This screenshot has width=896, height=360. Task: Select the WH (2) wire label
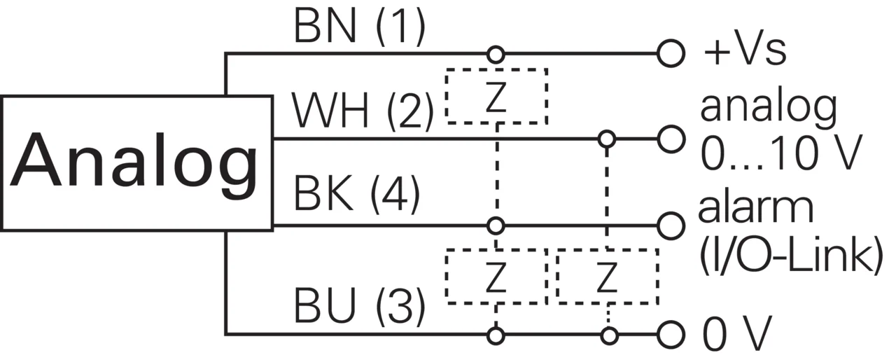pyautogui.click(x=363, y=111)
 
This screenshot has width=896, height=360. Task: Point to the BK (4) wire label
pyautogui.click(x=357, y=193)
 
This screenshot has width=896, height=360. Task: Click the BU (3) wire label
pyautogui.click(x=359, y=305)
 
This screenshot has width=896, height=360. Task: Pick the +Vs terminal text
pyautogui.click(x=745, y=52)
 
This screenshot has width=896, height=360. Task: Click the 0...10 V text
pyautogui.click(x=780, y=153)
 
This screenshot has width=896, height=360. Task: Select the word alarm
pyautogui.click(x=756, y=209)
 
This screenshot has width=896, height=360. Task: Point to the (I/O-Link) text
pyautogui.click(x=790, y=255)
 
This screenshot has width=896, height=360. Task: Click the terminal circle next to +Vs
pyautogui.click(x=671, y=53)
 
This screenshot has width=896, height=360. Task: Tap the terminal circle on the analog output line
pyautogui.click(x=671, y=139)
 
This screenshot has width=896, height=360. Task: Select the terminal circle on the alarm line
pyautogui.click(x=671, y=226)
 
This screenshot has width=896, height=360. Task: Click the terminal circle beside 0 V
pyautogui.click(x=671, y=334)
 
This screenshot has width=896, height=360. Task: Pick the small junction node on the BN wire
pyautogui.click(x=496, y=54)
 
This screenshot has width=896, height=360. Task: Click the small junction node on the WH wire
pyautogui.click(x=607, y=139)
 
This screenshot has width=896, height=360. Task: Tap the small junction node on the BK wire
pyautogui.click(x=496, y=226)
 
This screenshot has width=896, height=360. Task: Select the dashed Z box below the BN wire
pyautogui.click(x=496, y=69)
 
